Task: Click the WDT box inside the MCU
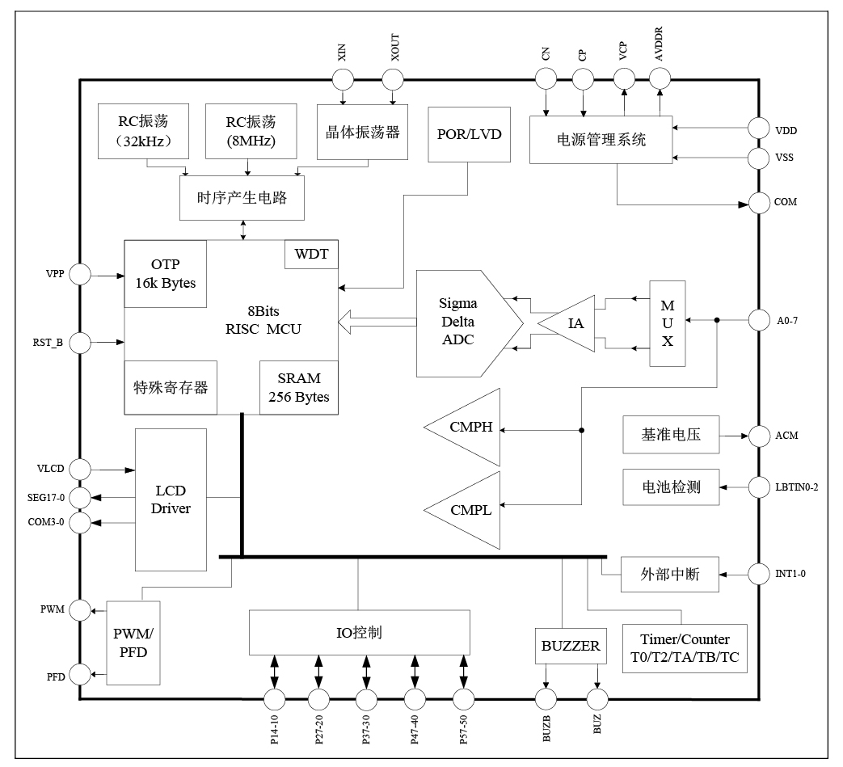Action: point(311,255)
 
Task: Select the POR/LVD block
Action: point(469,134)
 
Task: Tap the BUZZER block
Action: point(571,646)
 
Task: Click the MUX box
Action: point(668,323)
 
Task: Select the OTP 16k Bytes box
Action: point(166,274)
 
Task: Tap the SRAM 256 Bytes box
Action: point(298,388)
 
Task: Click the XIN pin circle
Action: point(343,79)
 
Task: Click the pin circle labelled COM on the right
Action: point(759,203)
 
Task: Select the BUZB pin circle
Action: point(546,698)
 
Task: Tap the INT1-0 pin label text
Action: point(790,575)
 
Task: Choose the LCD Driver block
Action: point(171,499)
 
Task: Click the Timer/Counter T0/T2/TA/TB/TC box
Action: point(685,648)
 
